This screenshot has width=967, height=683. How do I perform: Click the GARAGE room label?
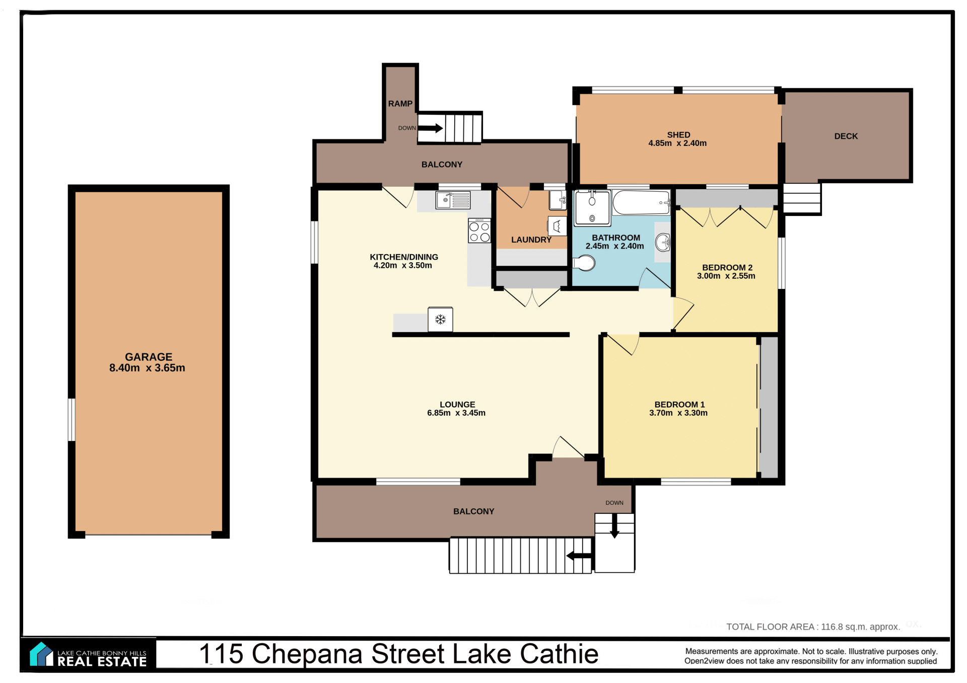tap(149, 357)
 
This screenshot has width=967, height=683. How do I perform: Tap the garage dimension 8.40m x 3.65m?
tap(147, 368)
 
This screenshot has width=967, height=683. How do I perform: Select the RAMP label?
tap(400, 104)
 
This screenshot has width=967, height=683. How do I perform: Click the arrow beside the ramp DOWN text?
tap(431, 128)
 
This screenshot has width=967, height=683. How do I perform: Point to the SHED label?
tap(678, 135)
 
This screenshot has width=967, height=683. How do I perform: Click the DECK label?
tap(846, 136)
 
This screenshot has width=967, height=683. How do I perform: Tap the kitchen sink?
tap(453, 200)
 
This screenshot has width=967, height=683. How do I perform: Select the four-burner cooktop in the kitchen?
tap(479, 231)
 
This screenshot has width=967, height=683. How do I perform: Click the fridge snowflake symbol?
tap(441, 319)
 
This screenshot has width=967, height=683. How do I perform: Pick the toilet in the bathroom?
tap(584, 263)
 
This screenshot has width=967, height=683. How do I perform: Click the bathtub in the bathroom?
tap(641, 203)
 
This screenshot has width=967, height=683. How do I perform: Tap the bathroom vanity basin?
tap(663, 243)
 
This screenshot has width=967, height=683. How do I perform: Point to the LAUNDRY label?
tap(531, 240)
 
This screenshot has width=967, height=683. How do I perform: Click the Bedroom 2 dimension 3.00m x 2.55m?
tap(726, 276)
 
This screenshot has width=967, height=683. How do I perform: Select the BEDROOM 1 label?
tap(679, 405)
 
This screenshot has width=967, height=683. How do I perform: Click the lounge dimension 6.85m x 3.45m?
tap(456, 413)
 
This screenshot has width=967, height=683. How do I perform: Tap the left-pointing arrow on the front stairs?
tap(579, 556)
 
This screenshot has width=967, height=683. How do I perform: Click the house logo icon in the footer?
tap(41, 654)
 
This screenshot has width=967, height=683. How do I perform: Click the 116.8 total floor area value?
tap(832, 627)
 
